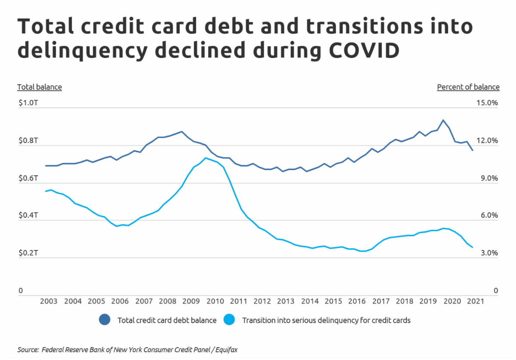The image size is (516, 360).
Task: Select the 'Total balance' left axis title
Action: click(40, 87)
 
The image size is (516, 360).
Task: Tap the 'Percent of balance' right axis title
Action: click(468, 87)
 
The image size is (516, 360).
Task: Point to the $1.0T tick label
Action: click(28, 103)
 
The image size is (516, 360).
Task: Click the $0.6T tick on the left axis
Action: click(28, 178)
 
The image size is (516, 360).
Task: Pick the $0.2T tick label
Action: click(28, 253)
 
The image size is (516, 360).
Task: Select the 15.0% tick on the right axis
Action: click(487, 103)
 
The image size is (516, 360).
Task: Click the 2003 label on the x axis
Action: click(49, 301)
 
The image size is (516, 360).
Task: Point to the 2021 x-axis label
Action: click(474, 301)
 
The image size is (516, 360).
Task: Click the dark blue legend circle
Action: click(105, 320)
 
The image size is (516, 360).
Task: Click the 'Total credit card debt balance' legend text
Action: click(167, 320)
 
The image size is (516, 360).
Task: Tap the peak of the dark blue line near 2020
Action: click(443, 120)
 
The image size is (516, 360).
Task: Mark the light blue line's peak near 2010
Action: click(206, 158)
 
